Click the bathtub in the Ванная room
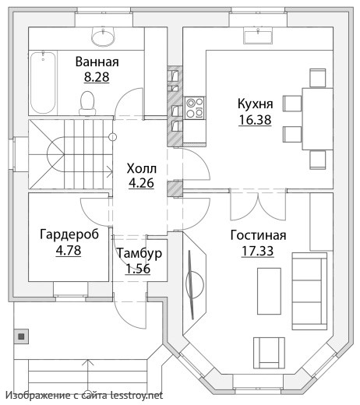[x=43, y=83]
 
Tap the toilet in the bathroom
[x=87, y=103]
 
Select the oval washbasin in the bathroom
[x=103, y=37]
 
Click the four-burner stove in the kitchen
[x=195, y=108]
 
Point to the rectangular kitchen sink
[x=258, y=36]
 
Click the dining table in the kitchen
[x=317, y=119]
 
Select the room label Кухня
[x=256, y=104]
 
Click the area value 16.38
[x=255, y=120]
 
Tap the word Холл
[x=142, y=169]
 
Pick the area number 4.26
[x=142, y=183]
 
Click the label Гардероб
[x=69, y=234]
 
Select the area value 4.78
[x=69, y=251]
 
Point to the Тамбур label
[x=139, y=253]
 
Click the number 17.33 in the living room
[x=258, y=251]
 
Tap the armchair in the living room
[x=269, y=353]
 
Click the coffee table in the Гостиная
[x=269, y=291]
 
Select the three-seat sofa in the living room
[x=309, y=291]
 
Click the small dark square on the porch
[x=21, y=336]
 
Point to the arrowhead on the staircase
[x=110, y=171]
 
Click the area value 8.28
[x=97, y=77]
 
